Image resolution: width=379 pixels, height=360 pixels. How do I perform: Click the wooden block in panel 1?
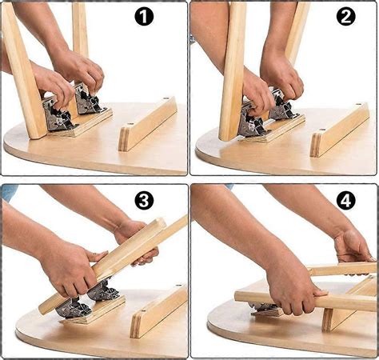pos(147,123)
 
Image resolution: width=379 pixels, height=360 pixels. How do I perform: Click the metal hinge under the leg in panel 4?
pos(264,309)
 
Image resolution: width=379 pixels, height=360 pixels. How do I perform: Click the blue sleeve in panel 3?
pos(8,192)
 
